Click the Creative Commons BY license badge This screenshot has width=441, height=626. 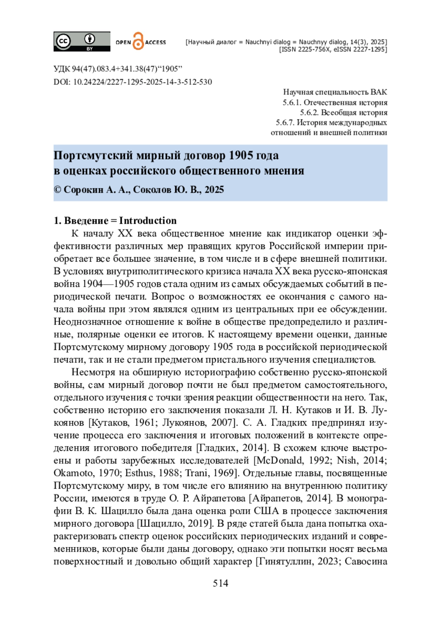pos(82,42)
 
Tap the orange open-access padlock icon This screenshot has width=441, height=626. pos(138,41)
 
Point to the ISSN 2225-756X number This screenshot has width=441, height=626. pos(305,49)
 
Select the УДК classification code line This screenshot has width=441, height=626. pos(118,69)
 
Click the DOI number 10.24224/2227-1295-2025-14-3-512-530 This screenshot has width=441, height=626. pos(143,82)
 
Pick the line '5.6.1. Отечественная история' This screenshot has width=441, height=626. pos(335,102)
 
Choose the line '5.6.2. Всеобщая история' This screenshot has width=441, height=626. pos(343,112)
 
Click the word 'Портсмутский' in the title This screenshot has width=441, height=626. pos(93,155)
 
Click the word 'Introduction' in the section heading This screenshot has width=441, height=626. pos(148,221)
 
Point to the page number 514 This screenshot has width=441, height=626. pos(220,583)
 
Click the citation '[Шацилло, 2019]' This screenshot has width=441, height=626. pos(175,523)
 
